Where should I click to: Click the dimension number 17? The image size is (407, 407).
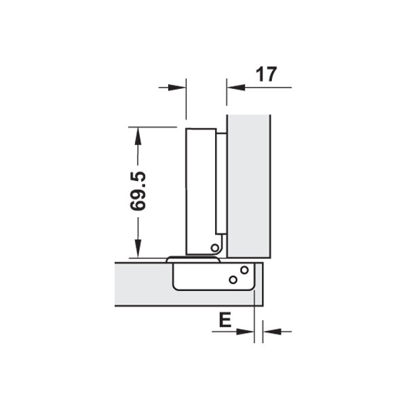pos(267,74)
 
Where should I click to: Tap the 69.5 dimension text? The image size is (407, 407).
pos(138,191)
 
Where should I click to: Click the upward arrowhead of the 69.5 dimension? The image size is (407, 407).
pos(138,136)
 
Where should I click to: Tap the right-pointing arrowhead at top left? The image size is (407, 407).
pos(177,88)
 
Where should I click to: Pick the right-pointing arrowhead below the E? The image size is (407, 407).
pos(245,332)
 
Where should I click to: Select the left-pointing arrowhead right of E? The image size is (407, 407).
pos(272,332)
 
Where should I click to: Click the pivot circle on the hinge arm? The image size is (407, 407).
pos(214,248)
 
